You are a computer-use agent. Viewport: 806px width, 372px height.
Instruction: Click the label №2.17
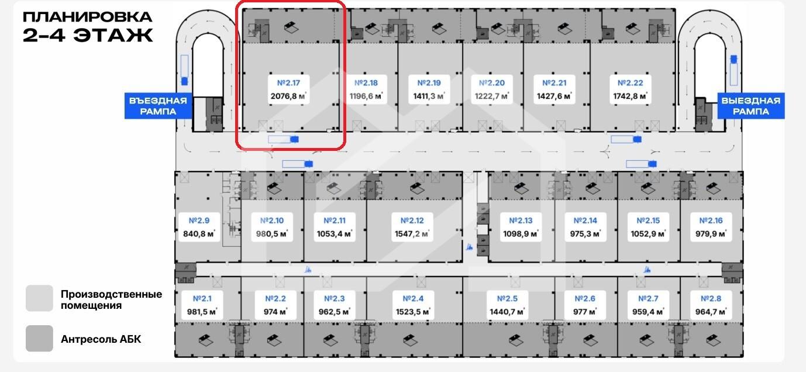(288, 83)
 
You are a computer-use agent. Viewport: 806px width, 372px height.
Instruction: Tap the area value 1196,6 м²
(367, 96)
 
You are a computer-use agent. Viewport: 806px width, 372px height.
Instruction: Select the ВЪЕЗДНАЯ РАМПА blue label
(159, 106)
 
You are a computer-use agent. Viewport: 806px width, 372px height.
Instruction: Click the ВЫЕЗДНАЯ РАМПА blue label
(750, 106)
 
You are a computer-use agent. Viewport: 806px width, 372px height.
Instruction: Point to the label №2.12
(412, 221)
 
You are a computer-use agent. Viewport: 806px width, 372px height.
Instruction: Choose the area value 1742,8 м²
(629, 96)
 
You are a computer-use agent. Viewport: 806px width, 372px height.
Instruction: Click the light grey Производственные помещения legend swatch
(39, 299)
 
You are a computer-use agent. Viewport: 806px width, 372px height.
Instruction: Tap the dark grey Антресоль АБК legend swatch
(39, 338)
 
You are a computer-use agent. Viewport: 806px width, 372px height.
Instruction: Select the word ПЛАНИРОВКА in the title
(87, 17)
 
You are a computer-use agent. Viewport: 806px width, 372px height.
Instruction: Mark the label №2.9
(199, 221)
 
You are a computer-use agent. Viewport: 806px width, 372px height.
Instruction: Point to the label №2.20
(491, 83)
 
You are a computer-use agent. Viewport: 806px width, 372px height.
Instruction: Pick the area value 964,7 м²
(710, 312)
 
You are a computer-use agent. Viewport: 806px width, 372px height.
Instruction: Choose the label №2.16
(710, 221)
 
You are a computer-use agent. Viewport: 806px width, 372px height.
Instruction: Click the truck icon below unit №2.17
(284, 139)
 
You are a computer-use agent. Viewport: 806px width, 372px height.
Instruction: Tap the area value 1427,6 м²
(554, 96)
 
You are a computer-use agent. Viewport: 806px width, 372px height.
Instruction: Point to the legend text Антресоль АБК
(101, 339)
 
